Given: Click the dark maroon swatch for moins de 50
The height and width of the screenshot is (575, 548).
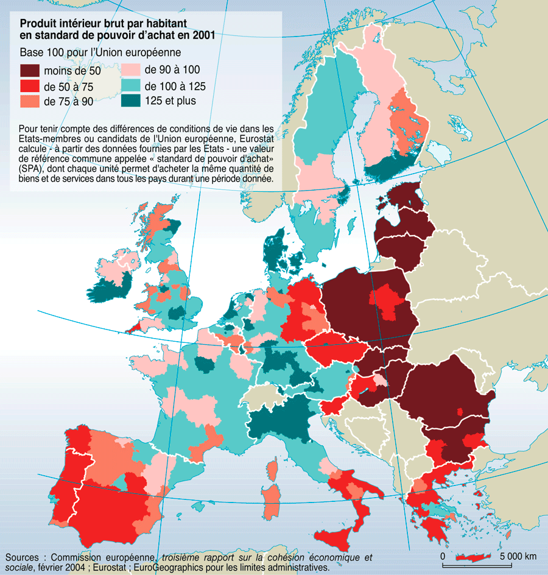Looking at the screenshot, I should (x=29, y=71).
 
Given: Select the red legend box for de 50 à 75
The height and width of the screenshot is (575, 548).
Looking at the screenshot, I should (x=29, y=86).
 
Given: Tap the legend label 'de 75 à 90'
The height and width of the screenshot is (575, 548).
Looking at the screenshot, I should (x=68, y=102).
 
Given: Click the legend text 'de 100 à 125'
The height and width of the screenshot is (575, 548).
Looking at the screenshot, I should (x=176, y=86).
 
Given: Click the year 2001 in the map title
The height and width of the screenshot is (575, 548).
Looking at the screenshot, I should (x=202, y=35).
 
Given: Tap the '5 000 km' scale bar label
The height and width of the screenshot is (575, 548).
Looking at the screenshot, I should (x=518, y=556).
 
